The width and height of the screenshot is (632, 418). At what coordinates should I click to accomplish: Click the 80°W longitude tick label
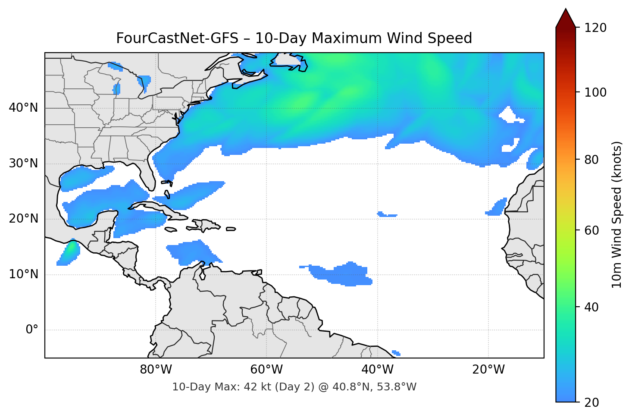pyautogui.click(x=156, y=370)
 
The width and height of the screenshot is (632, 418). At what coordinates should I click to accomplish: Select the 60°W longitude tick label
pyautogui.click(x=266, y=370)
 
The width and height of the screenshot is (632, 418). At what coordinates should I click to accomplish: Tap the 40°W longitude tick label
pyautogui.click(x=377, y=370)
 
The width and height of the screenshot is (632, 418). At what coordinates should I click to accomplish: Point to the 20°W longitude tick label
pyautogui.click(x=488, y=370)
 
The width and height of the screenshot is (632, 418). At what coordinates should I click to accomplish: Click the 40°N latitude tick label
pyautogui.click(x=23, y=107)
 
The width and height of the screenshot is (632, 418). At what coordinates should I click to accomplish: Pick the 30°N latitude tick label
pyautogui.click(x=23, y=163)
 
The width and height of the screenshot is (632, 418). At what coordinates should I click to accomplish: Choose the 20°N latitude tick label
pyautogui.click(x=23, y=219)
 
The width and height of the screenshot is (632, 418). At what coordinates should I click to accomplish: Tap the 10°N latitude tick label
pyautogui.click(x=23, y=274)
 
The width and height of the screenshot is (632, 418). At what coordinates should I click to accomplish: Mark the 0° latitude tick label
pyautogui.click(x=32, y=330)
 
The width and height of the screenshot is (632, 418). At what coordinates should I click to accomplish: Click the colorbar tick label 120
pyautogui.click(x=595, y=28)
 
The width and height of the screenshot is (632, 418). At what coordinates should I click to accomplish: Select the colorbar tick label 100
pyautogui.click(x=595, y=92)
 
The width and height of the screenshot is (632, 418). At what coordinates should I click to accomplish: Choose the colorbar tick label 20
pyautogui.click(x=591, y=402)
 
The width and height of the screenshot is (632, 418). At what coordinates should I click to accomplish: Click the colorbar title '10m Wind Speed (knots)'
pyautogui.click(x=617, y=214)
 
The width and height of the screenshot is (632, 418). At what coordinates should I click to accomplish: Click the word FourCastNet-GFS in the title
pyautogui.click(x=177, y=38)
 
